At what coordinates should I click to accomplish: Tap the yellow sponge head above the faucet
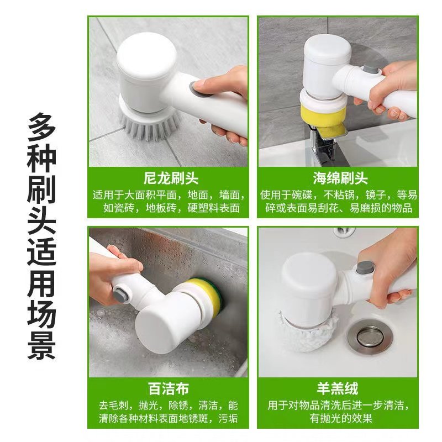tap(323, 112)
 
